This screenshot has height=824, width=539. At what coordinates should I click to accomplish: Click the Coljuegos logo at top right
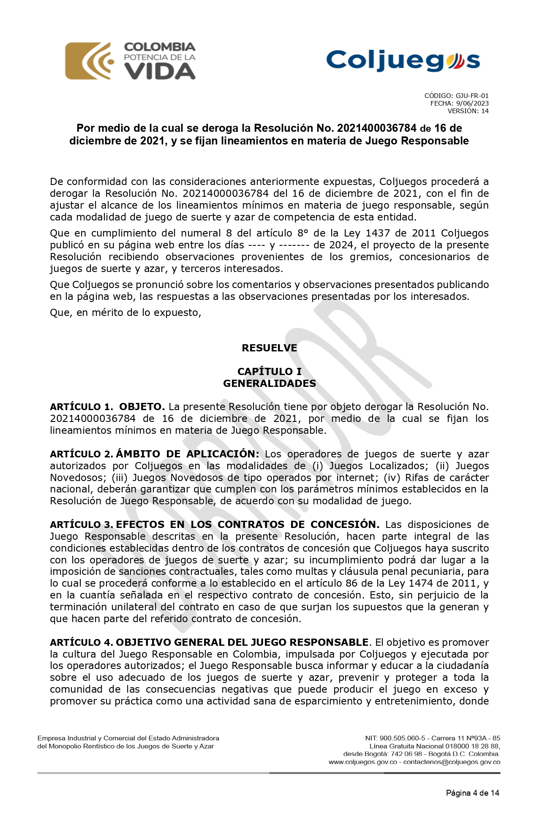point(403,61)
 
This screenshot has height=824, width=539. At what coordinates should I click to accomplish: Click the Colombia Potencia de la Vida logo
point(130,61)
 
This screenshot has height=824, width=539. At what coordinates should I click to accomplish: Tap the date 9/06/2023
point(472,103)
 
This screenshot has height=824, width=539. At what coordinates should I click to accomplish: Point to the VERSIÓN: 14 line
point(468,111)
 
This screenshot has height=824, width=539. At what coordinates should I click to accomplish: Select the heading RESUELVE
point(269,348)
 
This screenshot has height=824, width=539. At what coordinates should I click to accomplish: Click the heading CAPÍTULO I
point(269,372)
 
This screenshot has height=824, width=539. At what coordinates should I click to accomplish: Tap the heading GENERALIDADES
point(269,383)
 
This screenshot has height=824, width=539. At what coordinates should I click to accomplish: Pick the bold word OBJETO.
point(142,407)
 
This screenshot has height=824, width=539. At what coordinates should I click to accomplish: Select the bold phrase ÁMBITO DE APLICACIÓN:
point(188,454)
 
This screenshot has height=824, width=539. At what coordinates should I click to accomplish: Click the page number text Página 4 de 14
point(472,793)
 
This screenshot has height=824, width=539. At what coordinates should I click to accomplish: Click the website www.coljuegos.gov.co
point(363,762)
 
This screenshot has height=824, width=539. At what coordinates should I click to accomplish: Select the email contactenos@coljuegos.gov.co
point(452,762)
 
